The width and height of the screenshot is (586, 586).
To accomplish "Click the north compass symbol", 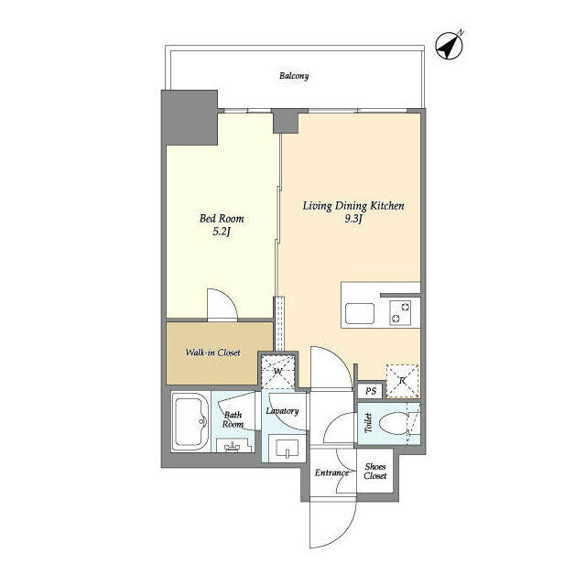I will pos(449,45).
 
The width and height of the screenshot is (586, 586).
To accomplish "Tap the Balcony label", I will pos(294,76).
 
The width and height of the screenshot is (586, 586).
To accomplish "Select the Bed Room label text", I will pos(222,220).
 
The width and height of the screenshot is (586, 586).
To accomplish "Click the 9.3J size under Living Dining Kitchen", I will pos(353,220).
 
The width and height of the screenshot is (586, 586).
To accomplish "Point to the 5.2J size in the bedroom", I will pos(222,233).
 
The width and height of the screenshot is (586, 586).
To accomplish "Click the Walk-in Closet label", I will pos(213,352).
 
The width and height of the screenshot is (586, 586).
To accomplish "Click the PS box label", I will pos(370,391).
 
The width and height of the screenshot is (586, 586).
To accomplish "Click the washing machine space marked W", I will pos(278,371).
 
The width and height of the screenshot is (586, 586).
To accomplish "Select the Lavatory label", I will pos(283,411).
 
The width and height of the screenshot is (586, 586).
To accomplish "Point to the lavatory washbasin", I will pos(286,450).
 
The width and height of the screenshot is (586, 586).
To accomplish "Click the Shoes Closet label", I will pos(375,472).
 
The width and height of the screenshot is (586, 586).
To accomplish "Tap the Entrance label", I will pos(331,473).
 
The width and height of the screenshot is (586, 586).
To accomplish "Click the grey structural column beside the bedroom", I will pos(190,116).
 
